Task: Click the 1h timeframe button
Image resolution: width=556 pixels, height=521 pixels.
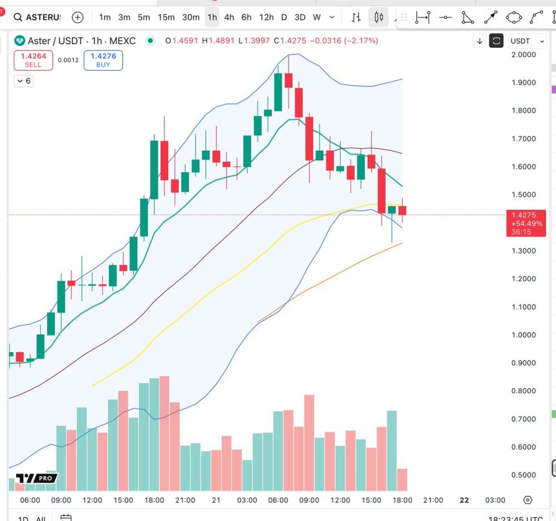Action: [x=212, y=17]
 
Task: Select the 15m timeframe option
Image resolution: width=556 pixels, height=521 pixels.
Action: [x=166, y=17]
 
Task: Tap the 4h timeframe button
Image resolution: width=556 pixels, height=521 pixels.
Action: [x=229, y=17]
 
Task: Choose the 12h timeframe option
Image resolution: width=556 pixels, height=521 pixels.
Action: [x=266, y=17]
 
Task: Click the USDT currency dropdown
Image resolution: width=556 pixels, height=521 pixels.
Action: [x=524, y=41]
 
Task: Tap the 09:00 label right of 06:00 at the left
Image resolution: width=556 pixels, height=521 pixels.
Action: [x=61, y=500]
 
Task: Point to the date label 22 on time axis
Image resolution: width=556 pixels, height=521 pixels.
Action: [x=464, y=500]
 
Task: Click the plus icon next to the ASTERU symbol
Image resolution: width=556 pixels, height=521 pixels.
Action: [x=78, y=17]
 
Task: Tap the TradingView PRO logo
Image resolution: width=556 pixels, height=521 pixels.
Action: [x=37, y=478]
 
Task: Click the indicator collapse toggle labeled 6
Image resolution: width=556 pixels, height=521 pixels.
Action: [x=24, y=81]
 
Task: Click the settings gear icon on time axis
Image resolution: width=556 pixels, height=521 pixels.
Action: [x=528, y=500]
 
